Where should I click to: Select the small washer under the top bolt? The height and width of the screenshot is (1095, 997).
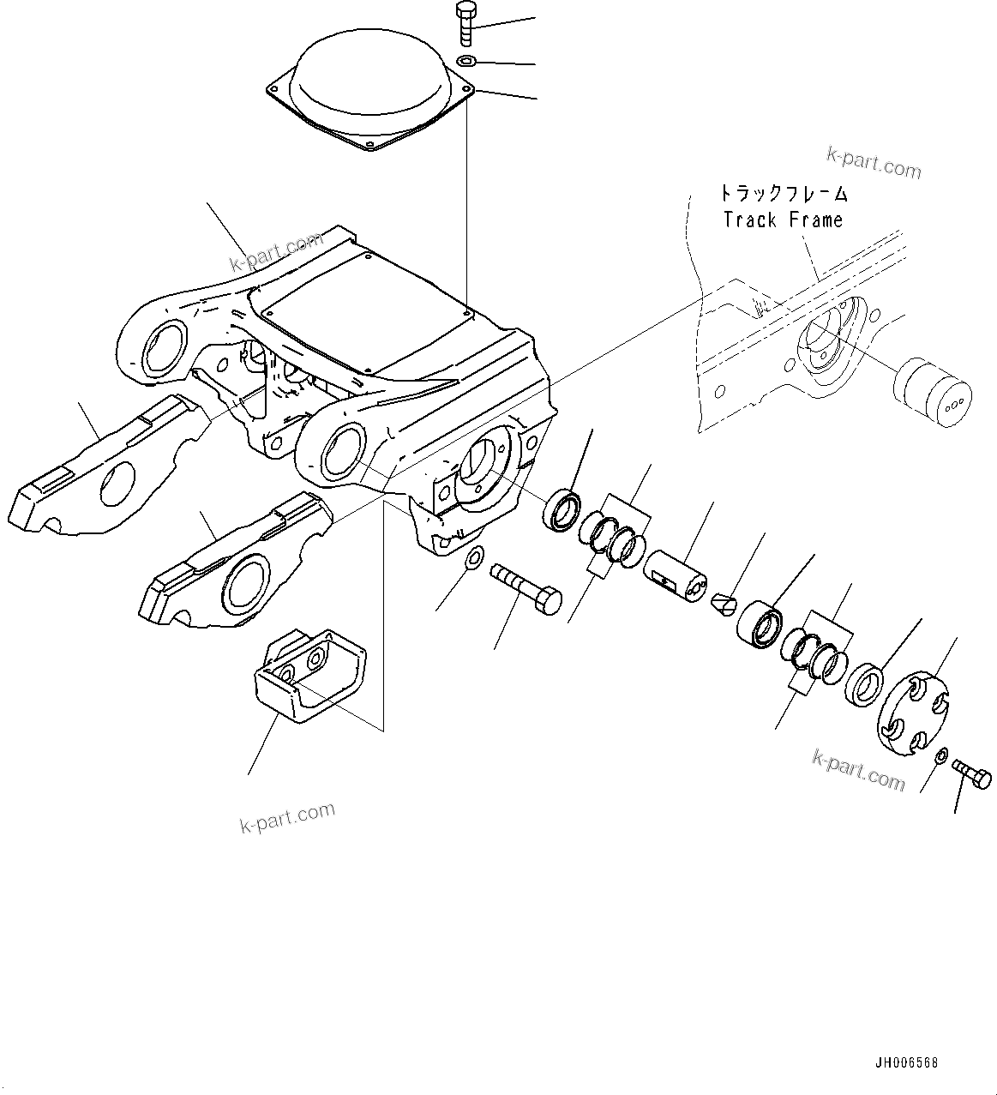pos(466,61)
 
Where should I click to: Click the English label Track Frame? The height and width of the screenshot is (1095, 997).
pos(783,220)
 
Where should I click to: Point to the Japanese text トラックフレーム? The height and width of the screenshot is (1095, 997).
pos(783,193)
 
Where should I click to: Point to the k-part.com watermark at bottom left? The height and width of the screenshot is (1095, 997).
pos(287,819)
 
